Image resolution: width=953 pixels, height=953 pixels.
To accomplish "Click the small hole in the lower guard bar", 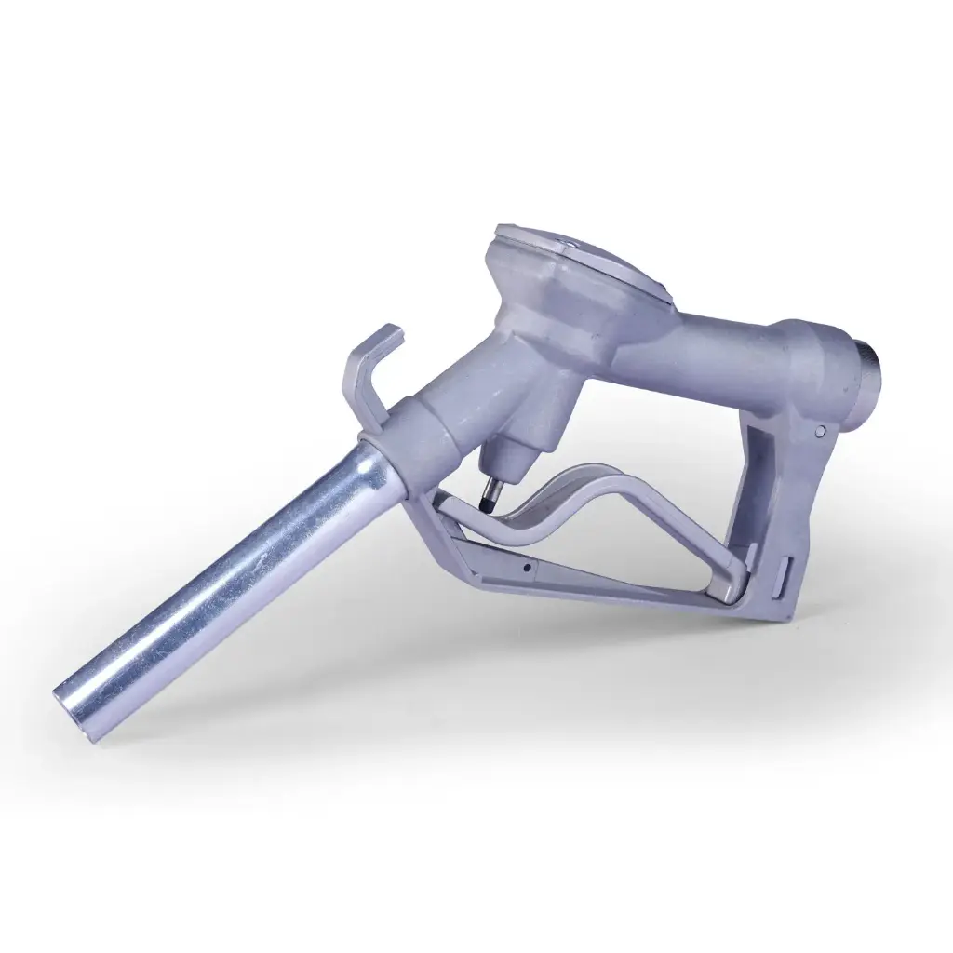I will [x=527, y=567].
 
